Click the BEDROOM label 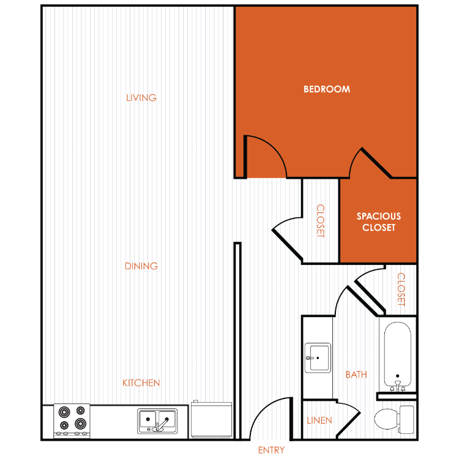327,89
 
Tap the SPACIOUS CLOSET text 379,222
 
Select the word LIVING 141,98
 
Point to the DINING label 141,266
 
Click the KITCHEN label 141,383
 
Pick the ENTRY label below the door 271,450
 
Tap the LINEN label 319,420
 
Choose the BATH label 356,375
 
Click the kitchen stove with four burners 72,421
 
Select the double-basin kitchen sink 157,421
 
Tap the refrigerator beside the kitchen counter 211,419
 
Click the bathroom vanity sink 318,358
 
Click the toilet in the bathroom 394,419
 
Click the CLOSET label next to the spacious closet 321,221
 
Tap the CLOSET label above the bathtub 401,289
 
